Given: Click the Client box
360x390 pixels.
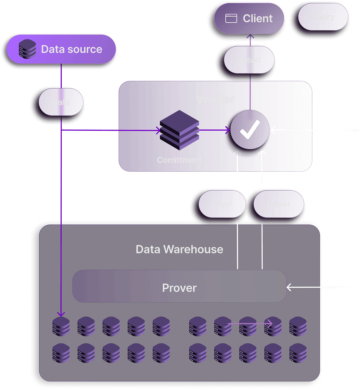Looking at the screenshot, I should click(x=249, y=18).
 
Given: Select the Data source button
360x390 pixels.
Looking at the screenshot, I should click(x=61, y=49).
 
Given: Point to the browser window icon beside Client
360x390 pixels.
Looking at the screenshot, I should click(x=231, y=19).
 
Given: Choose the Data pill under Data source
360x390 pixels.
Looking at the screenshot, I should click(x=61, y=102).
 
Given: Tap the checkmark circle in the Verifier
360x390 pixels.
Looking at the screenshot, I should click(x=250, y=130).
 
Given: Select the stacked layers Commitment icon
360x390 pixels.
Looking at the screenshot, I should click(x=179, y=130).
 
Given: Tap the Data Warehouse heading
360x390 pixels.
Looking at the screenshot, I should click(x=179, y=249).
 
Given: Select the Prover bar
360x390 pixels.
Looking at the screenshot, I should click(x=179, y=288).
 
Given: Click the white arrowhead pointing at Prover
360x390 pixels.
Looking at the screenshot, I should click(x=289, y=287).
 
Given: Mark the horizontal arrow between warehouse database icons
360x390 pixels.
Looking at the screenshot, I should click(x=250, y=323).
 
